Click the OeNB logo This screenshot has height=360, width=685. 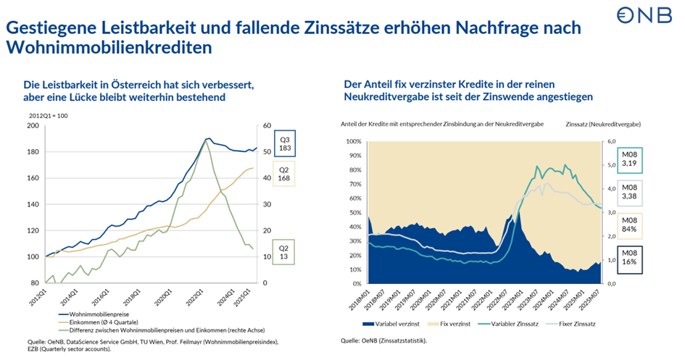(644, 16)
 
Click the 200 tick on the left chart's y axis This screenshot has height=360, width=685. (33, 126)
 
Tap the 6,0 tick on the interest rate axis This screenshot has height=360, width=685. (611, 141)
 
